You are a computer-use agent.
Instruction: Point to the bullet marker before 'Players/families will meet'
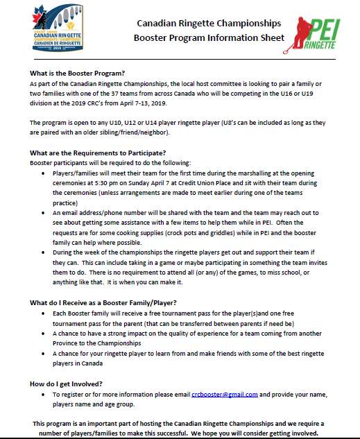[45, 172]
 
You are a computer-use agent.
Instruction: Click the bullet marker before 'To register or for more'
[45, 394]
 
